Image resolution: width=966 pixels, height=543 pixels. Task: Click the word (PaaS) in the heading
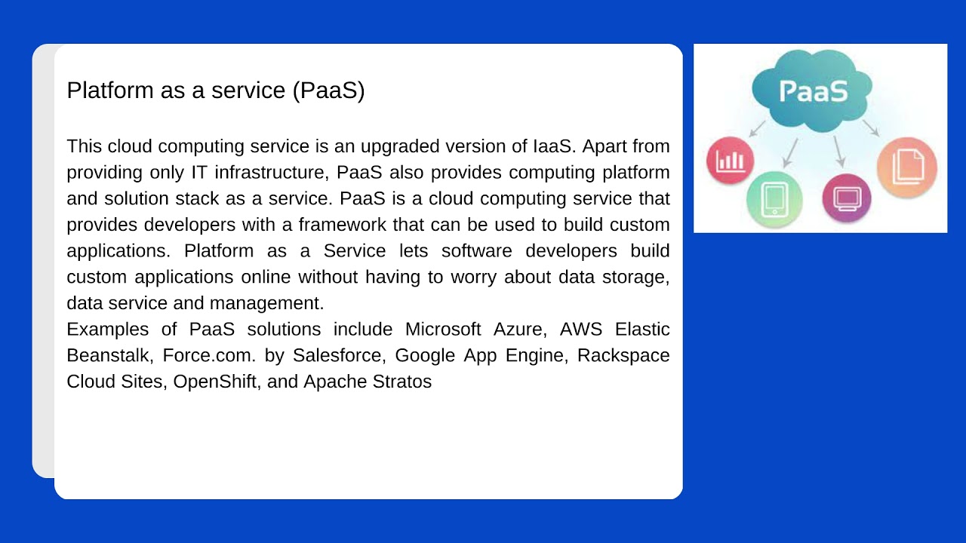[328, 90]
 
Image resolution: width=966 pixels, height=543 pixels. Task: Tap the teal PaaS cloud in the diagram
[812, 91]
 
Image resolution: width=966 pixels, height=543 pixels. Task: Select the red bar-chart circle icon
[730, 161]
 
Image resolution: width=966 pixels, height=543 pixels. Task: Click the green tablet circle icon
[774, 199]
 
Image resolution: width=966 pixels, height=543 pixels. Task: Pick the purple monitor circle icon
[846, 198]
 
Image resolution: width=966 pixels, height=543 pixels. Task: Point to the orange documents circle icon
[907, 167]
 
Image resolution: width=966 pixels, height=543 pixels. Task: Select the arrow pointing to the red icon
[757, 128]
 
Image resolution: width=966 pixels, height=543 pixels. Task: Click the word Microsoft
[443, 330]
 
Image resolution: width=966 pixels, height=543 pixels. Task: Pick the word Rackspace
[623, 355]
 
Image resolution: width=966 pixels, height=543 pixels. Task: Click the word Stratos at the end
[402, 382]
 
